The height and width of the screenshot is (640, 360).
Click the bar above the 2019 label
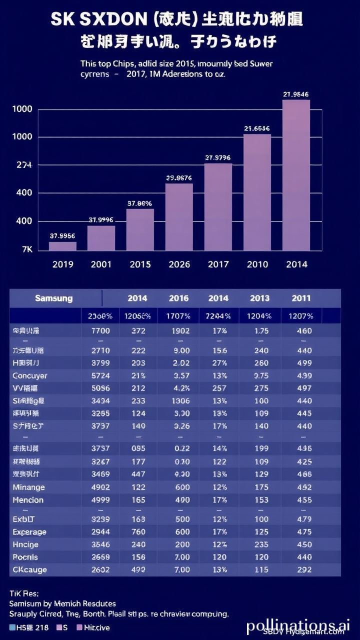pos(62,246)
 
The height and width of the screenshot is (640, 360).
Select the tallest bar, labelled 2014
pos(296,175)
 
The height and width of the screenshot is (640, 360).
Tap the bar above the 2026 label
pos(179,217)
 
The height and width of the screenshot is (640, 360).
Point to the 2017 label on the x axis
pos(218,264)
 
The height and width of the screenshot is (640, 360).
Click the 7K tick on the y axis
pos(27,249)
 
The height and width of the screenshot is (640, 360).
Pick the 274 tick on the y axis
pos(24,165)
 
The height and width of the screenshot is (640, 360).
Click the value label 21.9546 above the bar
pos(295,94)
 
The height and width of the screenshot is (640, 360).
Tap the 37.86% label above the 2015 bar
pos(139,203)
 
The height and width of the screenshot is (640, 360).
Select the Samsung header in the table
pos(53,298)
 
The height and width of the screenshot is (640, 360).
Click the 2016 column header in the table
pos(178,298)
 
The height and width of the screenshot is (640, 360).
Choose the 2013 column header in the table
pos(260,298)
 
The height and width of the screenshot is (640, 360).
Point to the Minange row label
pos(28,487)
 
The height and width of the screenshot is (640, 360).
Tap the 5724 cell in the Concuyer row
pos(100,375)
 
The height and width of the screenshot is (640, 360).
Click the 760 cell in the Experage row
pos(138,532)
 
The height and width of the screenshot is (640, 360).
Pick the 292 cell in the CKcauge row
pos(304,569)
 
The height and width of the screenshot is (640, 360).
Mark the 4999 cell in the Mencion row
pos(100,500)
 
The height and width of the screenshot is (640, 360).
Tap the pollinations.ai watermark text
pos(298,625)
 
